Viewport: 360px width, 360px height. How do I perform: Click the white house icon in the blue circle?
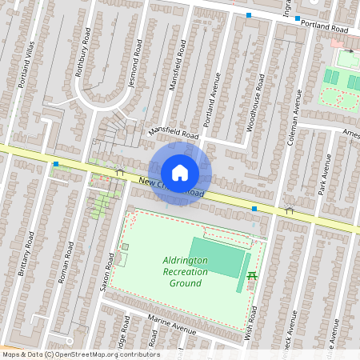(180, 172)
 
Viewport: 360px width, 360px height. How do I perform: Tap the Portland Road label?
(325, 26)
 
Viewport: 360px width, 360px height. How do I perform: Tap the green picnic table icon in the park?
(252, 276)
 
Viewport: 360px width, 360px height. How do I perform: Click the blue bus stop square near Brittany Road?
(56, 164)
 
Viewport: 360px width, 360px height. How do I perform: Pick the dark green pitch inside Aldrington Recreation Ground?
(215, 256)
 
